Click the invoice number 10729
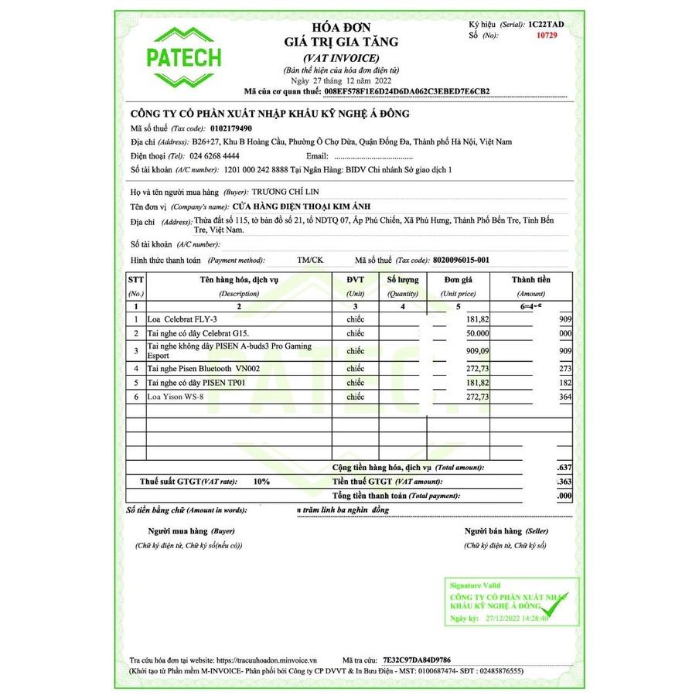546,36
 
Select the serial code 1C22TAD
547,25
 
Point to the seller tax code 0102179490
232,128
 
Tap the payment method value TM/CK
310,260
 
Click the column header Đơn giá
458,279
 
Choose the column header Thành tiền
531,279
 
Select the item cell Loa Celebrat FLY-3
182,319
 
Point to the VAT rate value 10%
261,481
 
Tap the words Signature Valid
471,585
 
